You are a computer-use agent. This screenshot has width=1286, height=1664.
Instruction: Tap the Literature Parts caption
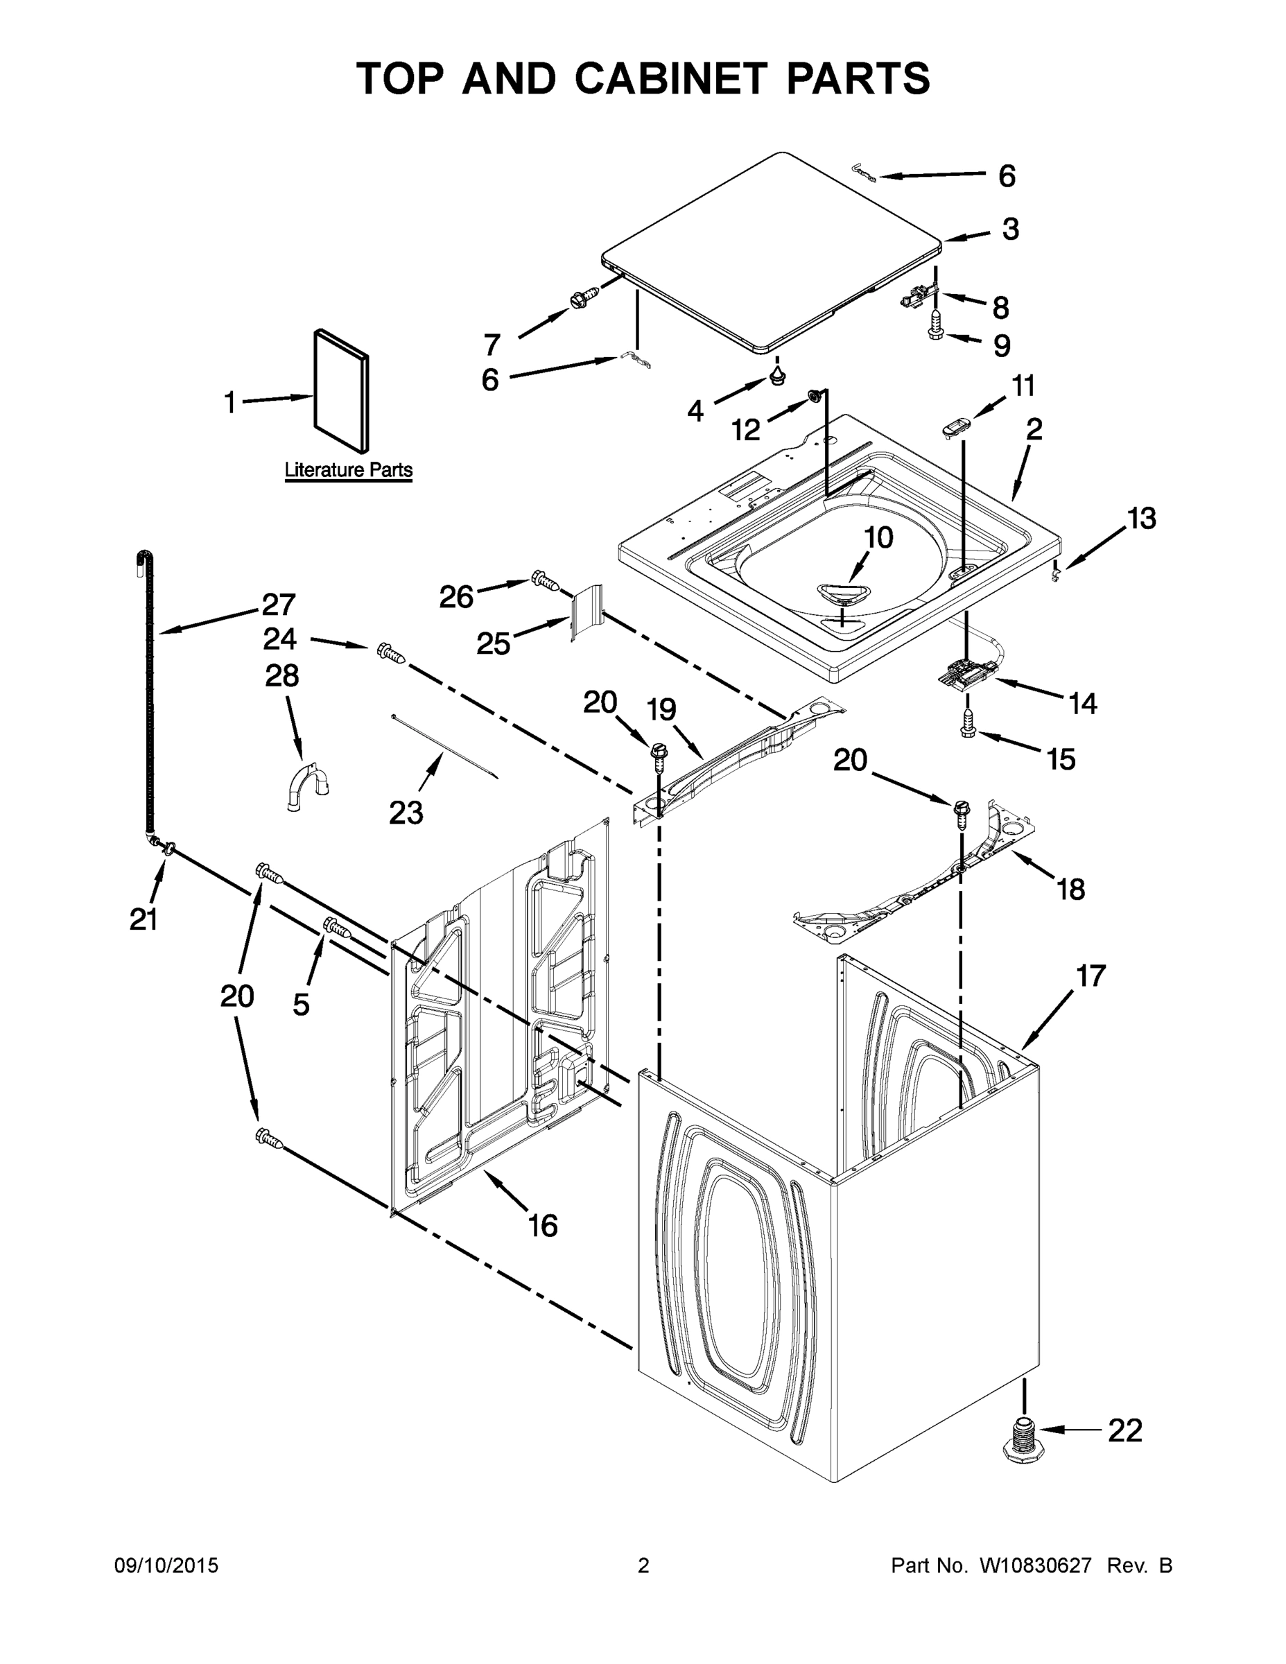pos(348,470)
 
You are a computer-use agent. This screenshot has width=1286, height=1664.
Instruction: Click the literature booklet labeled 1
pos(341,390)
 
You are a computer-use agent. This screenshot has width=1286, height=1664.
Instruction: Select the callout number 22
pos(1124,1431)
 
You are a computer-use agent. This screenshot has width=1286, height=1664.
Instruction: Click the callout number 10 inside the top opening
pos(878,538)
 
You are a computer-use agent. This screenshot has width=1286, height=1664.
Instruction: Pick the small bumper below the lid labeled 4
pos(777,374)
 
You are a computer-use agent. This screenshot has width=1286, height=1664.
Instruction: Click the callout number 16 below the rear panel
pos(544,1225)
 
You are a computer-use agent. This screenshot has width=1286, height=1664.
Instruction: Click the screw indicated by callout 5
pos(337,927)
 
